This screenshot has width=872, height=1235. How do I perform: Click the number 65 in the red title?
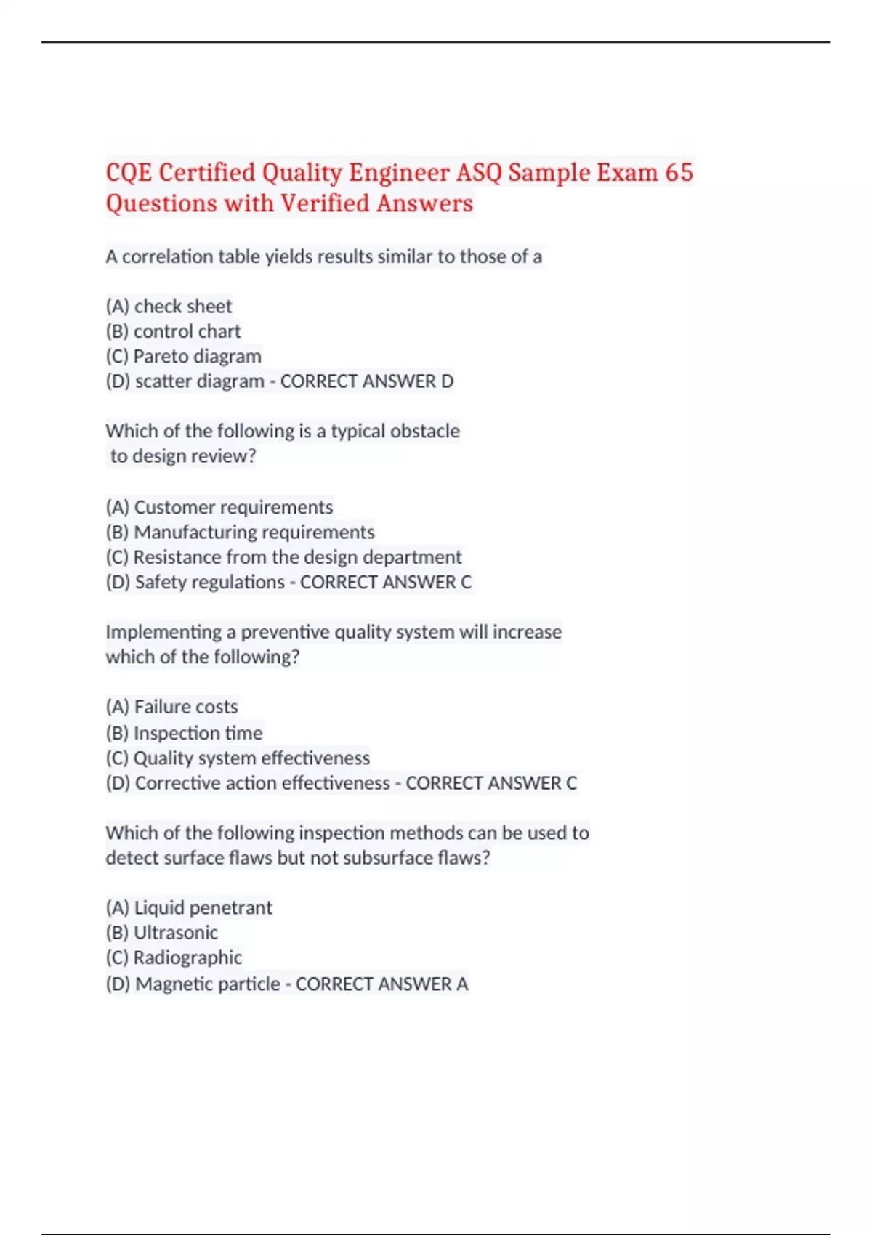pyautogui.click(x=679, y=173)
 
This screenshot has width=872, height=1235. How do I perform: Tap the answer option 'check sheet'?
pyautogui.click(x=182, y=307)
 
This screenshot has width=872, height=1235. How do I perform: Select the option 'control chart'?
pyautogui.click(x=187, y=331)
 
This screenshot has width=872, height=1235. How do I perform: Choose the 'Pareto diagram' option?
pyautogui.click(x=197, y=357)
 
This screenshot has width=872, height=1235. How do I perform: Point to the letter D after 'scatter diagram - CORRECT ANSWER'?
pyautogui.click(x=447, y=381)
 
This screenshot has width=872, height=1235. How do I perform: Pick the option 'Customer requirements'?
pyautogui.click(x=233, y=507)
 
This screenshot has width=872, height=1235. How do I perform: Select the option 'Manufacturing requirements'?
pyautogui.click(x=254, y=533)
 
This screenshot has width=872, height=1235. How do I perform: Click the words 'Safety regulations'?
pyautogui.click(x=209, y=583)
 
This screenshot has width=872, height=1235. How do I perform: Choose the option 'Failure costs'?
pyautogui.click(x=186, y=707)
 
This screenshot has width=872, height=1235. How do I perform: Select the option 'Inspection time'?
pyautogui.click(x=198, y=733)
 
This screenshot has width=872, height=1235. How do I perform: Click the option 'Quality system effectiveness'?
pyautogui.click(x=251, y=758)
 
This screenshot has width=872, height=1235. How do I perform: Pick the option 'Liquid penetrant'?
pyautogui.click(x=203, y=908)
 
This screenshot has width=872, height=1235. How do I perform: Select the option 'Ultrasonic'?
pyautogui.click(x=175, y=933)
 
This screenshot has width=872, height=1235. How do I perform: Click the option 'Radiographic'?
pyautogui.click(x=187, y=958)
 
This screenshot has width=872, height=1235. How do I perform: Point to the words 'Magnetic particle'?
pyautogui.click(x=207, y=984)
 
